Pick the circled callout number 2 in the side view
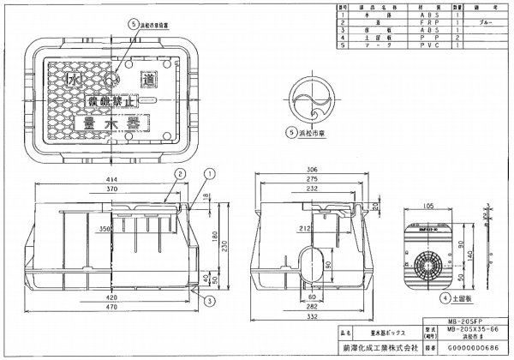182,172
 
